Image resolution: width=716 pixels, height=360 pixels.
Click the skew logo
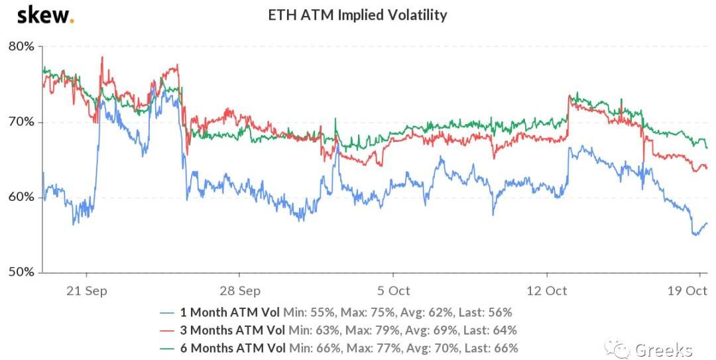[x=45, y=15]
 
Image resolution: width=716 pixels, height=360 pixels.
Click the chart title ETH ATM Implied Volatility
[x=357, y=15]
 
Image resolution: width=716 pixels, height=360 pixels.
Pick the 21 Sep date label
[x=87, y=290]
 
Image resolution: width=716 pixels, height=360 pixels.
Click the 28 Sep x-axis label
[x=239, y=290]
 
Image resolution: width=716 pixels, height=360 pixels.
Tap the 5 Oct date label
[x=393, y=290]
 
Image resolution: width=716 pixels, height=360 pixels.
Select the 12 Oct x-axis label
[x=547, y=290]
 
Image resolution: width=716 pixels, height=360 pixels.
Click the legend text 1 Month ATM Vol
[x=230, y=312]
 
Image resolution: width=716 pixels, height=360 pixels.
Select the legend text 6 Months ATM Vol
[x=233, y=348]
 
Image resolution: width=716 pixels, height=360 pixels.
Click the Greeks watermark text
[x=663, y=349]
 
